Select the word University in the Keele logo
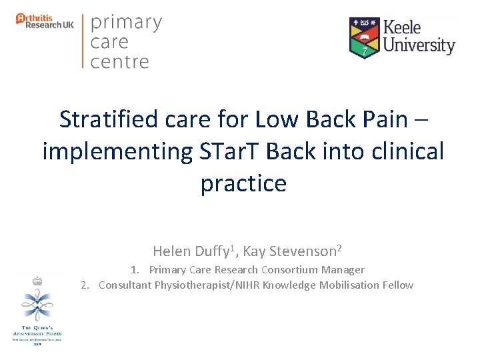(x=419, y=46)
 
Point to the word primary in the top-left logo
(x=126, y=23)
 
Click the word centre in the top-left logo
(x=119, y=62)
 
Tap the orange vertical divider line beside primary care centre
(x=83, y=41)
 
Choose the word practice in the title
(x=243, y=183)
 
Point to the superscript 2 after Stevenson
(x=339, y=248)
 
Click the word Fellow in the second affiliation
(x=398, y=285)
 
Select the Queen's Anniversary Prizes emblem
(x=37, y=309)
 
